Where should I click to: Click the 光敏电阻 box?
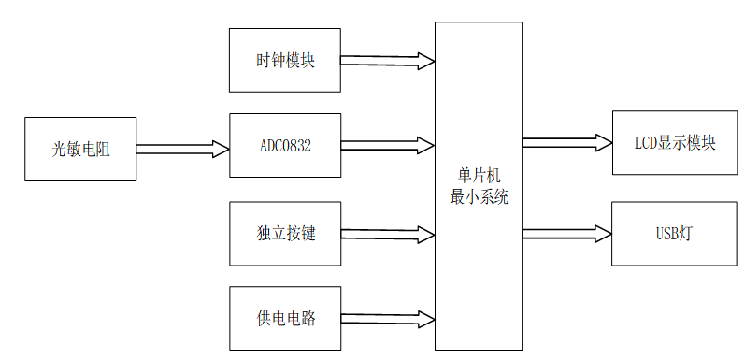80,149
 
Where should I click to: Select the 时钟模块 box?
285,61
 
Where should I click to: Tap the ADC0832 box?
285,145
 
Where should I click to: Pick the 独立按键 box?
285,233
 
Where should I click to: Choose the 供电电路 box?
285,319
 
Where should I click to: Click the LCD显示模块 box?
674,143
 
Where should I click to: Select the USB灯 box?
674,233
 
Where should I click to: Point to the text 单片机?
479,176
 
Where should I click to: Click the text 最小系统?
479,196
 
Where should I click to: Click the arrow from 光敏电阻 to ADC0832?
182,149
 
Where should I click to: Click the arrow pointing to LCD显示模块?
566,143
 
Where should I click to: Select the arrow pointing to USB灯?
566,233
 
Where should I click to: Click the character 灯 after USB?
688,233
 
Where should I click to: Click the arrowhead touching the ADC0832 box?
222,149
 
